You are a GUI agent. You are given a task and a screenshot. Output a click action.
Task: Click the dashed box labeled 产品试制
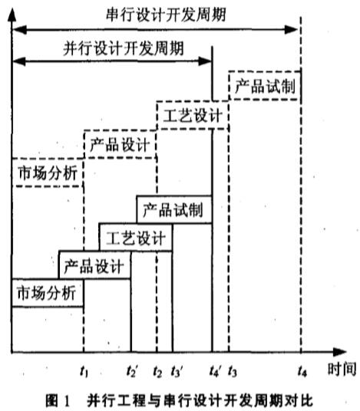pyautogui.click(x=265, y=71)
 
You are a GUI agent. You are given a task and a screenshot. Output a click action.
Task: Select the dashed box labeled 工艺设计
pyautogui.click(x=193, y=101)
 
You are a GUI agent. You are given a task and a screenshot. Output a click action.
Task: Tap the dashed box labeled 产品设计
pyautogui.click(x=121, y=130)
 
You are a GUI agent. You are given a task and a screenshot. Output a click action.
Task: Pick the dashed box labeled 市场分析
pyautogui.click(x=48, y=159)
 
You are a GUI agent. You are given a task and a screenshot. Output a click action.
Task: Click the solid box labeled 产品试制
pyautogui.click(x=174, y=196)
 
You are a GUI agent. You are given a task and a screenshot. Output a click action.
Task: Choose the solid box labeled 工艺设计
pyautogui.click(x=136, y=224)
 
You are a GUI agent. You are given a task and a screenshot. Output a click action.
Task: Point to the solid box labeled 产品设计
pyautogui.click(x=94, y=252)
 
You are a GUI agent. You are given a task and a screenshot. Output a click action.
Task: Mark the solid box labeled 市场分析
pyautogui.click(x=48, y=279)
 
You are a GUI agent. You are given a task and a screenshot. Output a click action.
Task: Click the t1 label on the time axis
pyautogui.click(x=84, y=371)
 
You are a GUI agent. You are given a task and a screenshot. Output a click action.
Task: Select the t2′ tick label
pyautogui.click(x=132, y=371)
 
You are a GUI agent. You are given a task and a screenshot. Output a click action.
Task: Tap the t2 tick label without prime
pyautogui.click(x=157, y=371)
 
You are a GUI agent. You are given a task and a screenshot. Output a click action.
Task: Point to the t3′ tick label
pyautogui.click(x=177, y=371)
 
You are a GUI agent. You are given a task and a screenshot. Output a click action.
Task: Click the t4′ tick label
pyautogui.click(x=215, y=371)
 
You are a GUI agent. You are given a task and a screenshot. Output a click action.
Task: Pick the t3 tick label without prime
pyautogui.click(x=233, y=371)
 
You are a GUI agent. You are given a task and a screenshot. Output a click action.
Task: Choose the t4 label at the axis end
pyautogui.click(x=302, y=371)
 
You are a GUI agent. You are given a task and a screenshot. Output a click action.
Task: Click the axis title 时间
pyautogui.click(x=342, y=369)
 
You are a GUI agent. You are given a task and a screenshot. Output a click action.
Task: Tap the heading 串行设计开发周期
pyautogui.click(x=166, y=15)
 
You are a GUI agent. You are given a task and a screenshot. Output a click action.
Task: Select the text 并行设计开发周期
pyautogui.click(x=124, y=48)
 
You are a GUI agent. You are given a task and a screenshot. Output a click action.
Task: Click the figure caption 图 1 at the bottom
pyautogui.click(x=58, y=400)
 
